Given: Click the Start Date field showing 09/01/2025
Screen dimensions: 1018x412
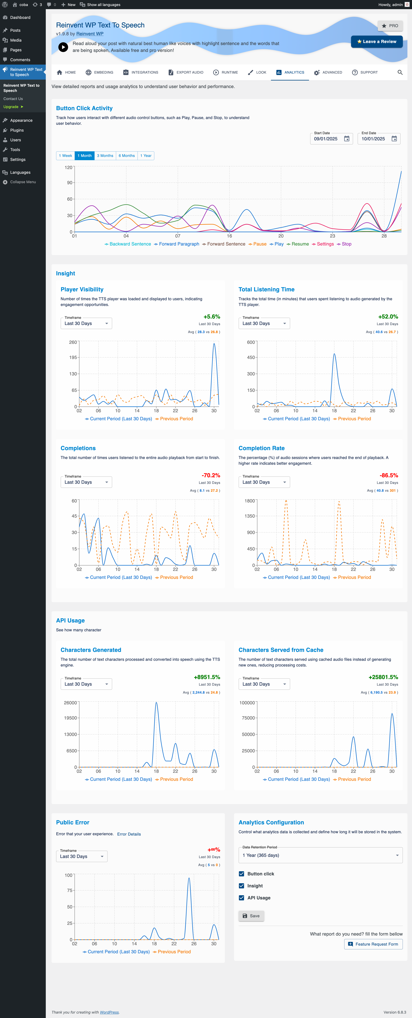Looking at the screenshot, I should (x=326, y=139).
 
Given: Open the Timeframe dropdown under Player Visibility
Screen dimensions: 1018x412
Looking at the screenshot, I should (x=86, y=323).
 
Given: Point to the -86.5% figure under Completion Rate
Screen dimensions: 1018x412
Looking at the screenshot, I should (x=389, y=475).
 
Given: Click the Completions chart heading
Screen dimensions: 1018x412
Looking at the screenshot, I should (x=78, y=448).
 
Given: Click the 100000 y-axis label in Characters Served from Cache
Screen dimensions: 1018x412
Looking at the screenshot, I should (x=247, y=703).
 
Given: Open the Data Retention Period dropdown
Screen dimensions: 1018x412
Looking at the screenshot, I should (x=320, y=855).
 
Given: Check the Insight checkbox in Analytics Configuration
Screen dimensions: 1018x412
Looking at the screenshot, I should (x=241, y=886).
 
